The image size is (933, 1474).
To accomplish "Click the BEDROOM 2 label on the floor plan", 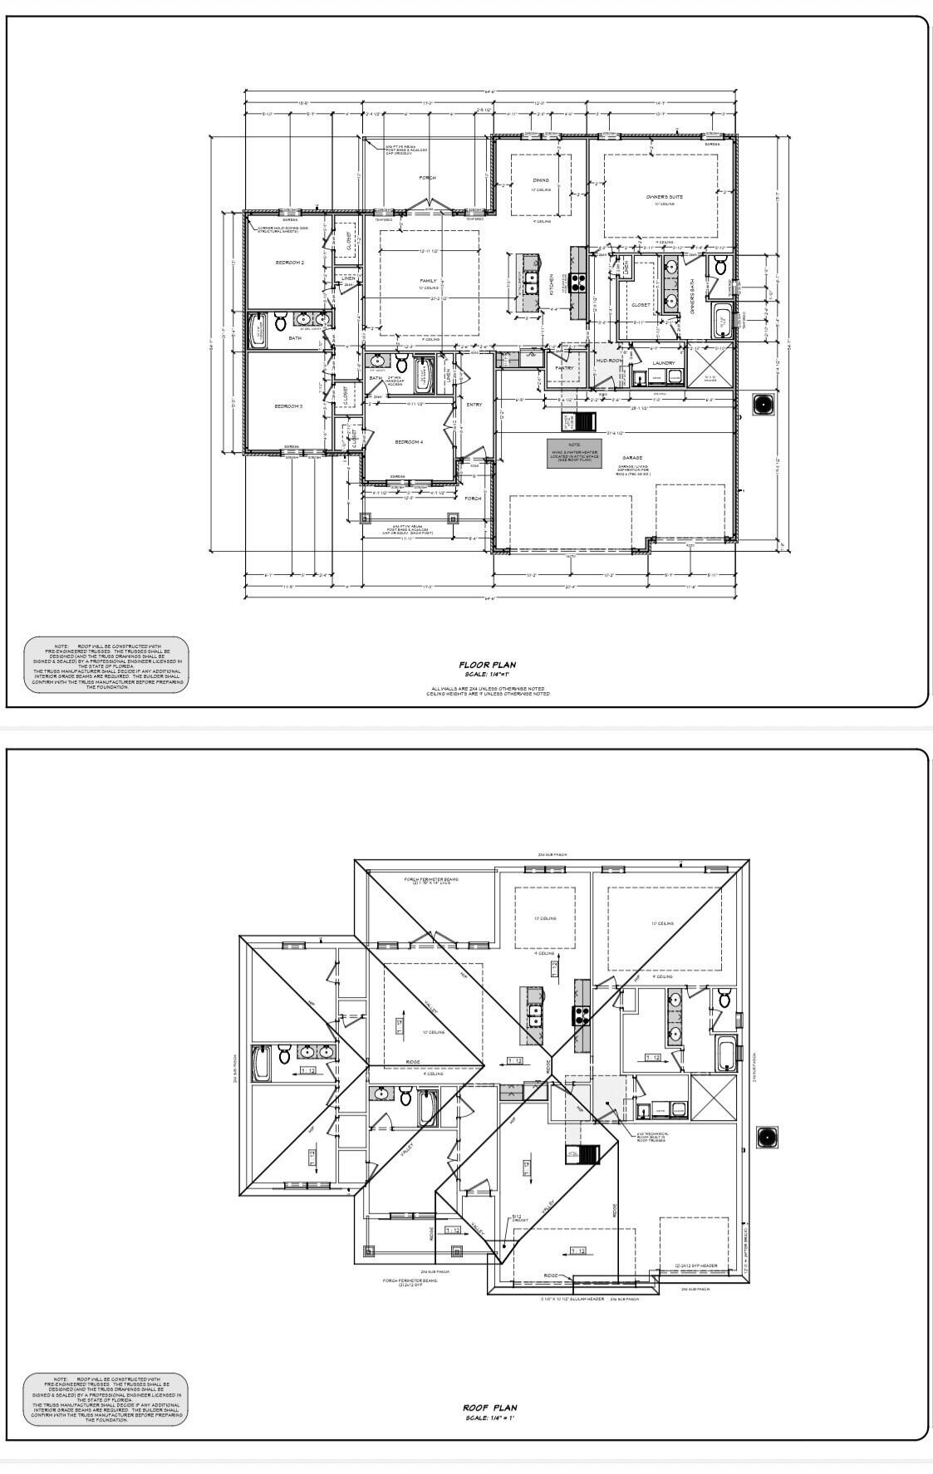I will point(289,263).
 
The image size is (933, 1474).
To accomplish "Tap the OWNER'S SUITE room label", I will point(665,197).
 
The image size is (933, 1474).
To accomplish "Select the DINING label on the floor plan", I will point(541,180).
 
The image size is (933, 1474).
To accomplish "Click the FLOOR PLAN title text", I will point(488,665).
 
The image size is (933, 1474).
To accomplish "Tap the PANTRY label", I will point(564,368).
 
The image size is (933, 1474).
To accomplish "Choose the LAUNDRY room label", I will point(663,363).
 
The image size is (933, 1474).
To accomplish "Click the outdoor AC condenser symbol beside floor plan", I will point(763,404).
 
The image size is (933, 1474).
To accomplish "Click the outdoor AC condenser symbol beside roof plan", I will point(768,1137).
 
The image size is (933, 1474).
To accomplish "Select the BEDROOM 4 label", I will point(409,442).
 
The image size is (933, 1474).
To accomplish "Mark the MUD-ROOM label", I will point(608,361).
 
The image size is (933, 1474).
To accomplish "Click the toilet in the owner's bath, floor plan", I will point(720,266).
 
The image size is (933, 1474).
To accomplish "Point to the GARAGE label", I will point(633,458).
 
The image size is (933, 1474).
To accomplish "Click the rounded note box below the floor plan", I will point(106,664).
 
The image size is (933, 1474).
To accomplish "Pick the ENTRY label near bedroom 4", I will point(474,405).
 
